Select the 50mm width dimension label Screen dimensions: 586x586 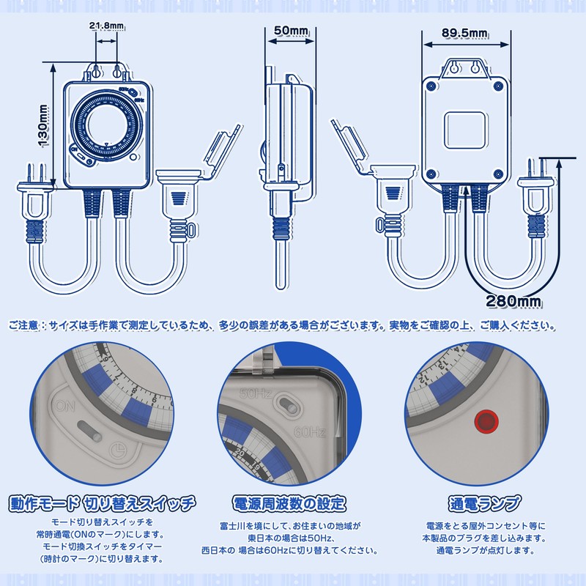[290, 31]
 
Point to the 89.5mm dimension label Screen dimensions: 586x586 [466, 34]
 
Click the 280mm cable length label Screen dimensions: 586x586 [513, 300]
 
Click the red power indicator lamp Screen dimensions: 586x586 [485, 420]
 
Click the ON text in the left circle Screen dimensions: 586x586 [65, 404]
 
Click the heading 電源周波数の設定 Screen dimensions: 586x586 [289, 504]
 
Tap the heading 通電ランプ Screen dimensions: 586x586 [484, 504]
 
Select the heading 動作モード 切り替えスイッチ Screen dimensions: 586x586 [103, 504]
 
